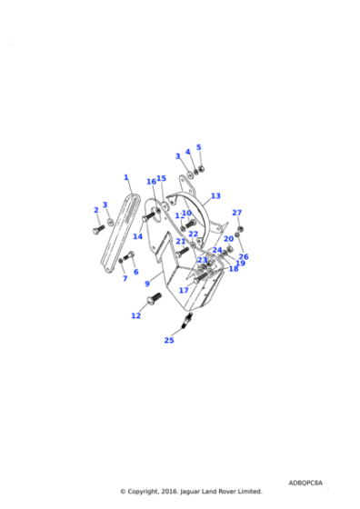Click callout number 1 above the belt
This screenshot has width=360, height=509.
point(126,178)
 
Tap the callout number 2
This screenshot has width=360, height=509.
point(95,210)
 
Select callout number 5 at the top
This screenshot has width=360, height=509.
point(199,147)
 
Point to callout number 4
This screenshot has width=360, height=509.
point(188,152)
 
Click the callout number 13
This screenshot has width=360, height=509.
point(215,195)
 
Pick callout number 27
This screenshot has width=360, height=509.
point(236,213)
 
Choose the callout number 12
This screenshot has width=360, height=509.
point(136,316)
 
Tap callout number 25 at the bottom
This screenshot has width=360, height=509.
point(169,340)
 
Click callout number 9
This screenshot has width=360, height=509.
point(147,284)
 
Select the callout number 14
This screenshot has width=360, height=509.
point(137,236)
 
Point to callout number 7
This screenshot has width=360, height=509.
point(125,278)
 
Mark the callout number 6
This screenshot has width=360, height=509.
point(136,271)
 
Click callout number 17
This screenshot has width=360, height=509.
point(184,290)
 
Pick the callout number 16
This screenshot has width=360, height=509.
point(151,182)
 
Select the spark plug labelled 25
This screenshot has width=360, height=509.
point(186,321)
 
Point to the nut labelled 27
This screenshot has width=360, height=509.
point(238,228)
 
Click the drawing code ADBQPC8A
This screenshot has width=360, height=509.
point(305,483)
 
